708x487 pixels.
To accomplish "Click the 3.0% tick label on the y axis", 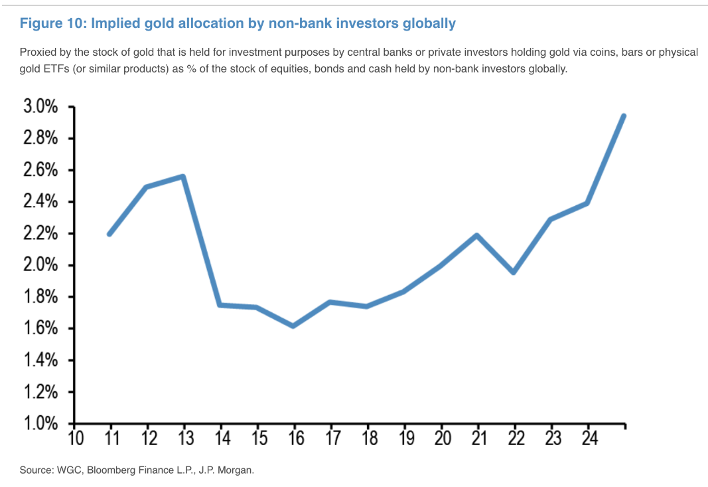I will (x=41, y=107).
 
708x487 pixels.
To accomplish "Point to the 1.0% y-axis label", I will (x=41, y=424).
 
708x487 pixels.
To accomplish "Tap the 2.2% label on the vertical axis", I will (x=41, y=234).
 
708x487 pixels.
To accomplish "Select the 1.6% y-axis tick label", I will (x=41, y=329).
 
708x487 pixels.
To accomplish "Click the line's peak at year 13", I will (x=182, y=176).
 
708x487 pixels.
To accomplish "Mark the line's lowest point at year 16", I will (x=293, y=326).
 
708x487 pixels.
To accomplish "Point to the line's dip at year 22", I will (x=514, y=272).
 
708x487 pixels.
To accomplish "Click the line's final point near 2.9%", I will (x=624, y=116).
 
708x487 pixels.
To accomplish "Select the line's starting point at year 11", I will (x=109, y=234).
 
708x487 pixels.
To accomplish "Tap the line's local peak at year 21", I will (x=476, y=235).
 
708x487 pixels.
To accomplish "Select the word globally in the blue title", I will (x=430, y=23).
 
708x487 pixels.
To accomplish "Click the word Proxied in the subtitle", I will (x=37, y=52).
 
